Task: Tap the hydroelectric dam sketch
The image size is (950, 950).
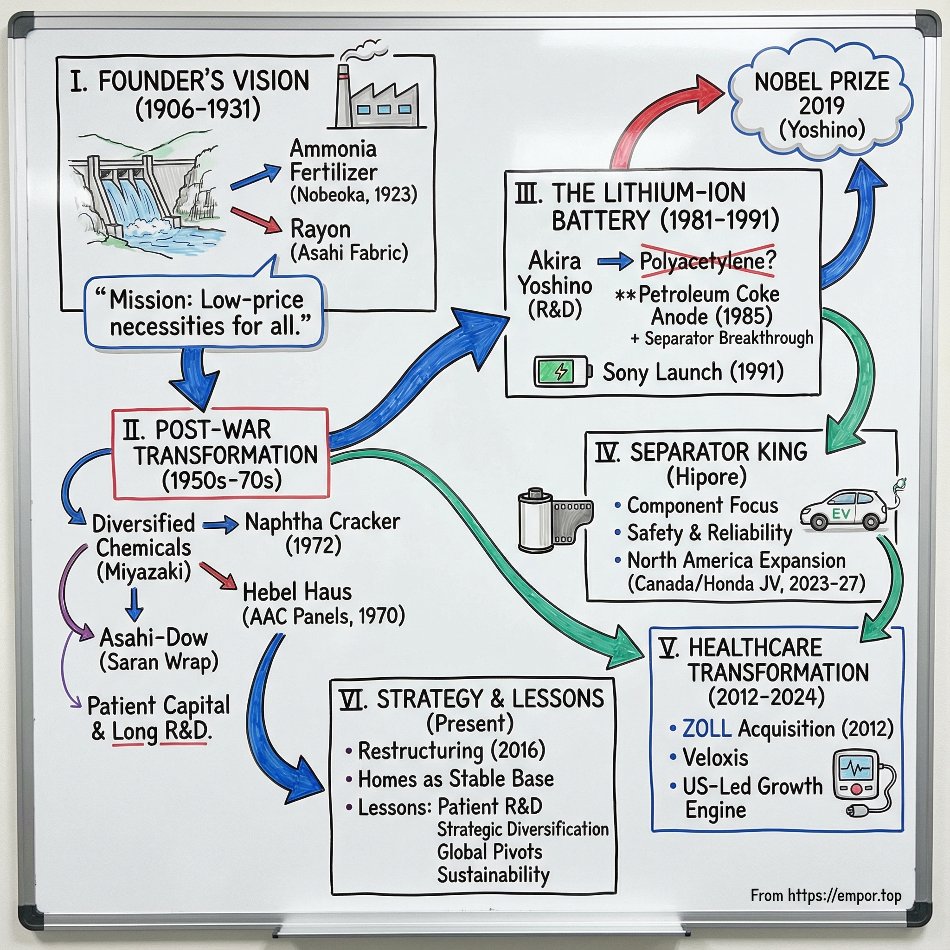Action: tap(148, 192)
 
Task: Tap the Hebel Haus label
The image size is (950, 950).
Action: tap(297, 592)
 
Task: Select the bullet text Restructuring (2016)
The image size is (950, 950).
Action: tap(451, 751)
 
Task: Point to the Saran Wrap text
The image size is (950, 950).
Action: tap(159, 662)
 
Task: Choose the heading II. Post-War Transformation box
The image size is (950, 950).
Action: tap(221, 454)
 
